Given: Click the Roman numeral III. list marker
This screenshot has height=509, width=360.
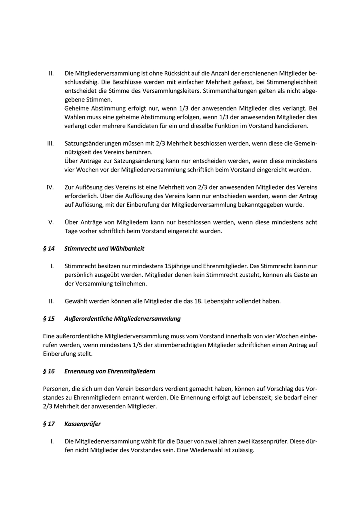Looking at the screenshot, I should [50, 143].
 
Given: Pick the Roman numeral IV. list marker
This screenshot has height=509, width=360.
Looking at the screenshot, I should [50, 187].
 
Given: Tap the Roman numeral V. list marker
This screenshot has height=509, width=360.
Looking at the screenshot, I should [51, 222].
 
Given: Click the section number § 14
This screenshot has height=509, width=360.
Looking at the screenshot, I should [49, 249].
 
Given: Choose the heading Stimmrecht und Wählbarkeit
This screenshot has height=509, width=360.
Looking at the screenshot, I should [104, 249].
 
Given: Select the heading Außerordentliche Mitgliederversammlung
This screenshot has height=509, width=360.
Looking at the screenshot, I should [122, 319].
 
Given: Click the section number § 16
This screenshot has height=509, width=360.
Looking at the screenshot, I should [49, 371].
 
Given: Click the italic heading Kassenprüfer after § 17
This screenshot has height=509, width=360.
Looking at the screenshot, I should [82, 424].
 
